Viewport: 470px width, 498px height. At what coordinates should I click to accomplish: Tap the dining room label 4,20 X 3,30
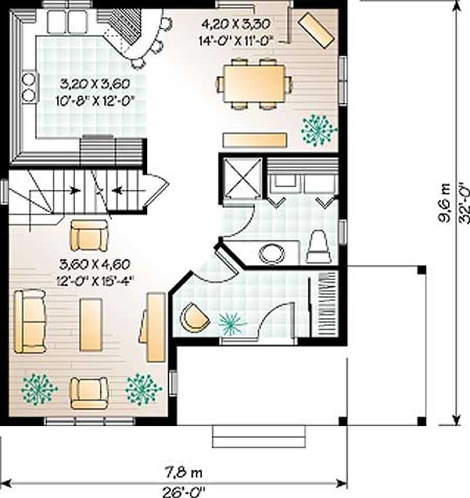click(x=234, y=25)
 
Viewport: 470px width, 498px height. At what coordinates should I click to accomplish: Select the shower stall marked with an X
click(x=241, y=177)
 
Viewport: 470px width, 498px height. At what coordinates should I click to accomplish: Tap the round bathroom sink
click(x=271, y=253)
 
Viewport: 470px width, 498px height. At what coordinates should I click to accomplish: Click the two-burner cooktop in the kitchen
click(x=28, y=86)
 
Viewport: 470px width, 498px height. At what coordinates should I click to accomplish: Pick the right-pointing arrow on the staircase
click(x=75, y=190)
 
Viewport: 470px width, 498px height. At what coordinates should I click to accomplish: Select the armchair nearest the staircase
click(x=89, y=235)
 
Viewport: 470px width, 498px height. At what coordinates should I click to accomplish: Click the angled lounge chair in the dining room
click(x=317, y=29)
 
